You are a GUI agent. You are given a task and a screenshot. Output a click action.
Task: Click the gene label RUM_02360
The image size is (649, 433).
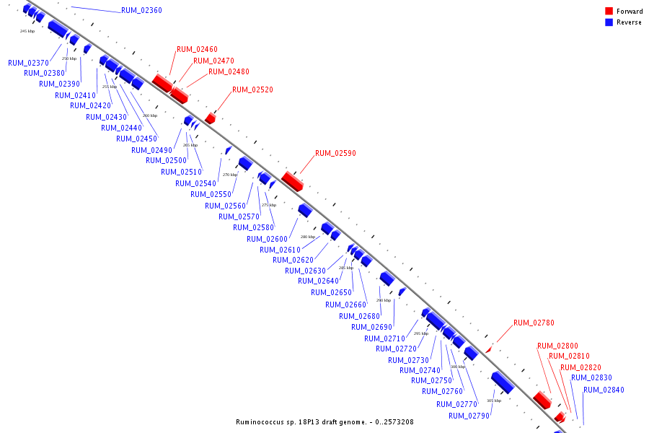tap(141, 10)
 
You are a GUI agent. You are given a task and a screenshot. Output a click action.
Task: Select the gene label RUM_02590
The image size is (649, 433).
tap(335, 153)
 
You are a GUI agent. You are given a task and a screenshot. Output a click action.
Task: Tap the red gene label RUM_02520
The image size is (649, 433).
tap(252, 89)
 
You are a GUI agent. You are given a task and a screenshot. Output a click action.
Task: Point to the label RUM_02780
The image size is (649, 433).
tap(534, 323)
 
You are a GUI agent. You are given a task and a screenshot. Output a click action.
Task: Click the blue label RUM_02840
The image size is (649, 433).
tap(604, 390)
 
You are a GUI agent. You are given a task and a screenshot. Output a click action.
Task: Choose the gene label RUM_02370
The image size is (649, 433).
tap(28, 63)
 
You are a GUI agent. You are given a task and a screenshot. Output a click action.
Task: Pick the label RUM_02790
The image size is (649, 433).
tap(469, 416)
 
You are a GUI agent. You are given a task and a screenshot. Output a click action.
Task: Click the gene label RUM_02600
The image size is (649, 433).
tap(267, 239)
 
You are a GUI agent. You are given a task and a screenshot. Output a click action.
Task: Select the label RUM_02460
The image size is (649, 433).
tap(197, 49)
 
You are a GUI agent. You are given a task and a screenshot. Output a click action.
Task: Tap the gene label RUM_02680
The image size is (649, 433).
tap(359, 316)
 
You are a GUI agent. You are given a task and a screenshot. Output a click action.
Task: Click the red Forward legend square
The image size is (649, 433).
tap(609, 12)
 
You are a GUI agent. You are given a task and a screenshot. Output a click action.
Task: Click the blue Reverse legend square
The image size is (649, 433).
tap(609, 22)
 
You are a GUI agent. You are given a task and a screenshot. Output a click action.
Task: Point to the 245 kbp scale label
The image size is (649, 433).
tap(27, 31)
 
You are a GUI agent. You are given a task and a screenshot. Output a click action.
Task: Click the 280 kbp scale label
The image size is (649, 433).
tap(308, 237)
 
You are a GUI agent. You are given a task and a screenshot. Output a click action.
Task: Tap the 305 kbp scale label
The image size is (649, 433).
tap(494, 401)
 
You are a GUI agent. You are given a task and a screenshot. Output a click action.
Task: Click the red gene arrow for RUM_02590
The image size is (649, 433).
tap(292, 180)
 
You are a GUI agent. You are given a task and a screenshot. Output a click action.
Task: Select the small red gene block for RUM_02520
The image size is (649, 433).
tap(210, 118)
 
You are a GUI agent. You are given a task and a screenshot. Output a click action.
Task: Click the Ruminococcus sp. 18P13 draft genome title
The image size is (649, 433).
tap(324, 422)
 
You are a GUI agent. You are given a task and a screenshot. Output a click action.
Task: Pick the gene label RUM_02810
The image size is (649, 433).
tap(569, 356)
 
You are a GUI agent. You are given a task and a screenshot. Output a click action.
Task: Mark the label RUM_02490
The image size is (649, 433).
tap(151, 150)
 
